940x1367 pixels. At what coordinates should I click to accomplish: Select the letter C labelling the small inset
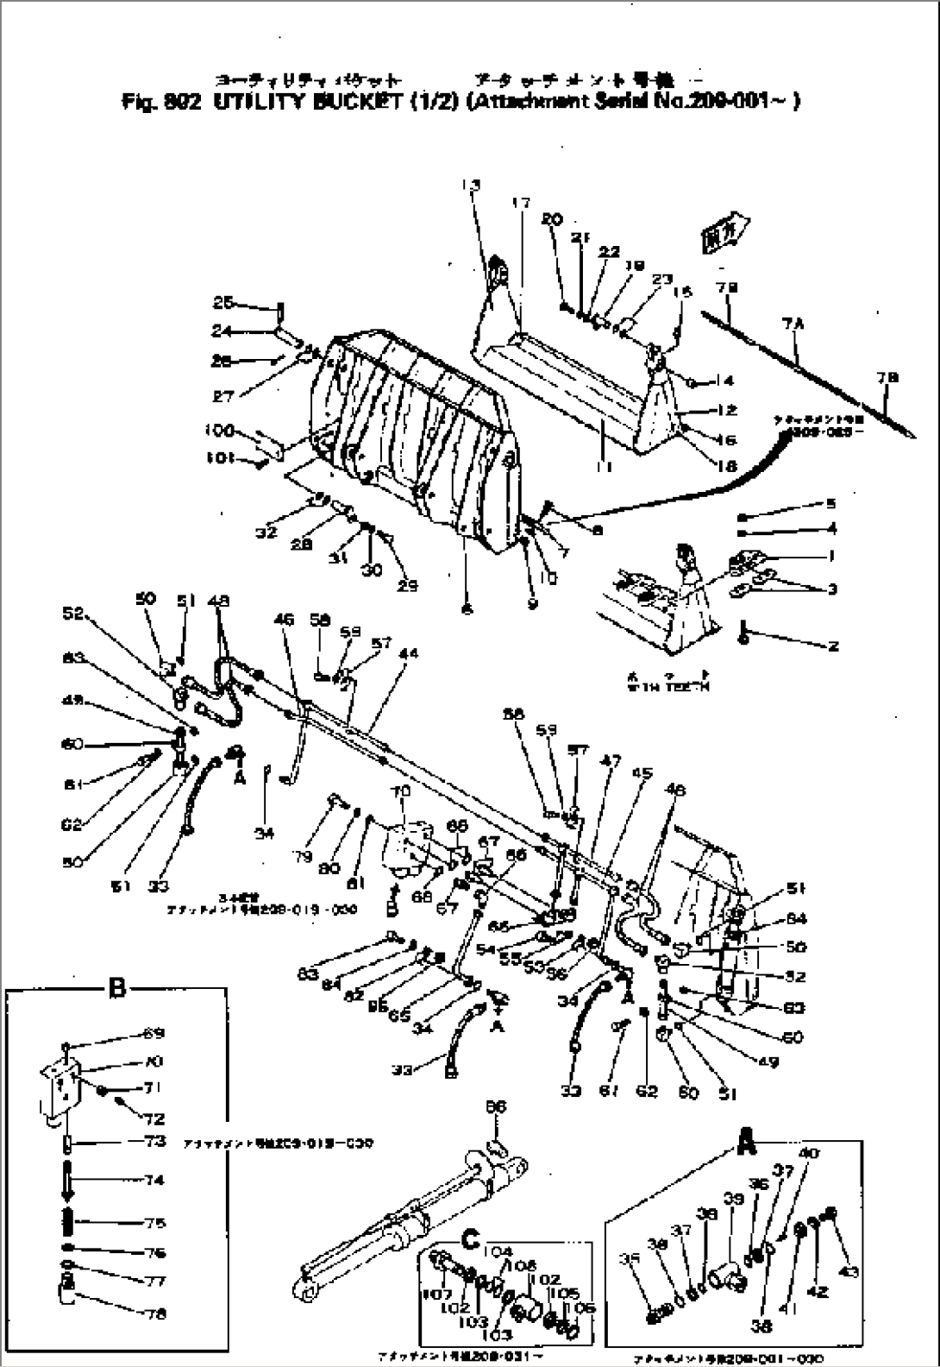pos(471,1240)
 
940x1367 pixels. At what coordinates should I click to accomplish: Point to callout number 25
pos(222,303)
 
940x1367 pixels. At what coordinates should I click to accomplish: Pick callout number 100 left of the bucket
pos(219,431)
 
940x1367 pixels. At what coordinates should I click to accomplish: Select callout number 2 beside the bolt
pos(832,646)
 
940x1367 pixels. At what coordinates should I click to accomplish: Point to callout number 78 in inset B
pos(157,1314)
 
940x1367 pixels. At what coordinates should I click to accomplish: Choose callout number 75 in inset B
pos(156,1223)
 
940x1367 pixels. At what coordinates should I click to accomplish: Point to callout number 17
pos(522,204)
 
